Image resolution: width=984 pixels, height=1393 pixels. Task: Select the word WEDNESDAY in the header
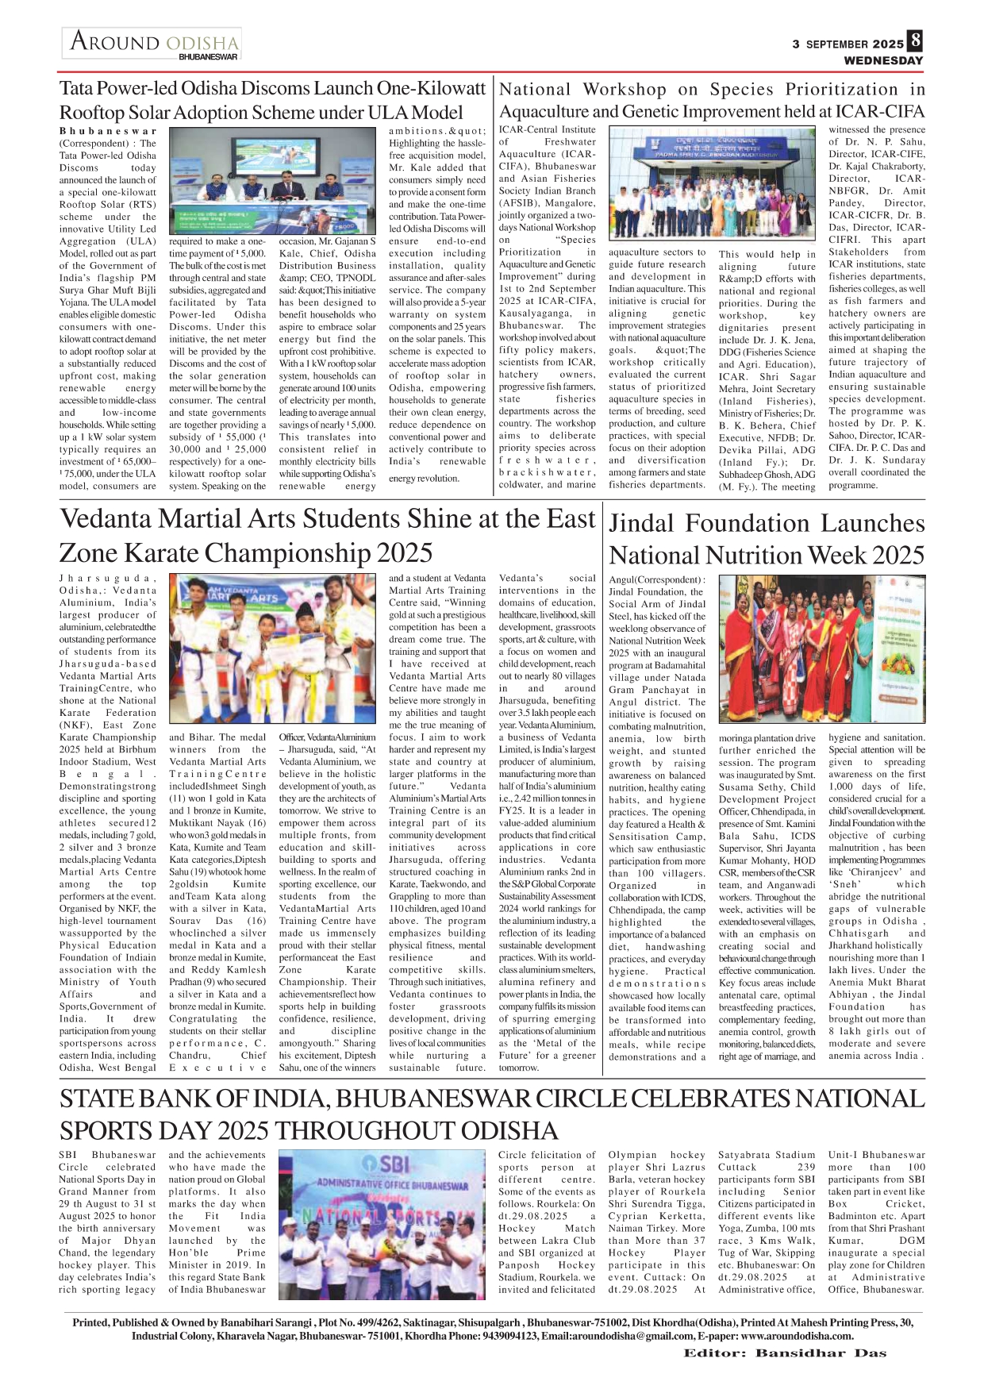pos(883,60)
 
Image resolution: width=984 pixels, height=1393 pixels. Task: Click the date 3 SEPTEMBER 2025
pos(848,44)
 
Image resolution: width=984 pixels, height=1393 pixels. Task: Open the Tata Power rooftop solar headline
pos(272,100)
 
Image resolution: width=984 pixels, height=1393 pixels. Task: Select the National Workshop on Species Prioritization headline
pos(712,100)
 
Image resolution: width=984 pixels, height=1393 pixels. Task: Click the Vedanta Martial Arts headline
pos(326,535)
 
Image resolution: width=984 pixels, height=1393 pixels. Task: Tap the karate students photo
pos(272,648)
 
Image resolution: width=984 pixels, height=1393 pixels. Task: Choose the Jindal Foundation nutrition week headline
pos(766,539)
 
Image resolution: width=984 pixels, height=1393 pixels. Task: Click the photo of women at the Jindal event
pos(821,648)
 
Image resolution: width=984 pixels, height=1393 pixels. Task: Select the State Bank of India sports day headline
pos(492,1114)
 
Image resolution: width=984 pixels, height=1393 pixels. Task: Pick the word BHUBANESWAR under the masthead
pos(208,57)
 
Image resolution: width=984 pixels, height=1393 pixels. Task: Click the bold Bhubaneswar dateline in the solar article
pos(108,131)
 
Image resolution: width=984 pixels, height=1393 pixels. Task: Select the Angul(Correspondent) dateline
pos(656,579)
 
